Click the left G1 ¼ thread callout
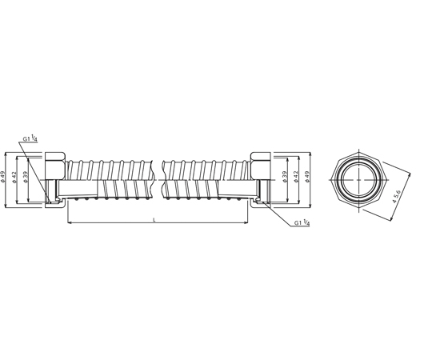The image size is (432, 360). (30, 138)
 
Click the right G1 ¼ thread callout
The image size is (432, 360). (302, 222)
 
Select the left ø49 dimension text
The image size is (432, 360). (2, 177)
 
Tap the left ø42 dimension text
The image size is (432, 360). (14, 177)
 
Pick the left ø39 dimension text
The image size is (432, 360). (26, 177)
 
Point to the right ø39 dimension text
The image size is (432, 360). (285, 177)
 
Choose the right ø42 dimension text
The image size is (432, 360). (296, 177)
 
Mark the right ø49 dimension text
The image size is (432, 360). (307, 177)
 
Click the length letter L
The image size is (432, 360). (154, 219)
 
